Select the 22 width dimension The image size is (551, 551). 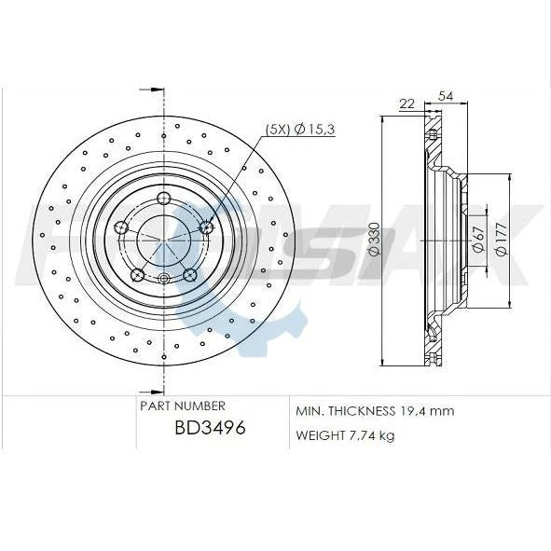pos(406,103)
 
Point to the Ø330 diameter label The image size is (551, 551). pos(374,240)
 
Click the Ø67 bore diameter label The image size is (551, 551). pos(478,240)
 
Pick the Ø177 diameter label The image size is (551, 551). pos(501,240)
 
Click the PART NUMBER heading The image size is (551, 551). pos(182,406)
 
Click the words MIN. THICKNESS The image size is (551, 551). pos(342,411)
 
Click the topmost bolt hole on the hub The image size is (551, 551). pos(164,197)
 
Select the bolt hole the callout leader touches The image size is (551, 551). pos(207,227)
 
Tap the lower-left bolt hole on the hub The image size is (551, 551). pos(138,274)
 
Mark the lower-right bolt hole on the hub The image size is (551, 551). pos(190,274)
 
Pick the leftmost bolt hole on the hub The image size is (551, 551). pos(121,227)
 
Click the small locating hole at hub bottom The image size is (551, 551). pos(164,278)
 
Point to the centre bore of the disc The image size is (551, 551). pos(164,241)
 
